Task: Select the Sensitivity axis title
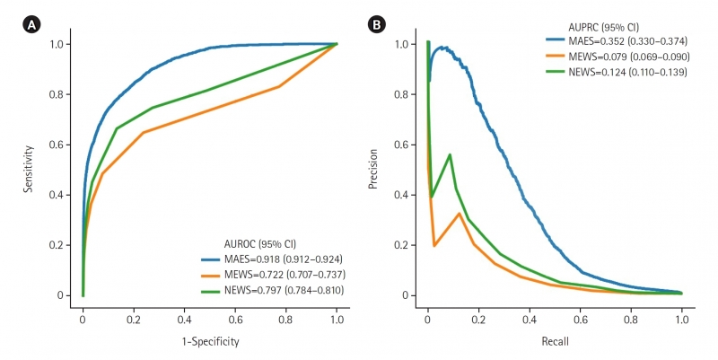point(31,170)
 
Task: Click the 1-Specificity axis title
point(209,342)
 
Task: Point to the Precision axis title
point(375,170)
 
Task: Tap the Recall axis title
point(554,342)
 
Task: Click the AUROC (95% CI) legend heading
point(260,242)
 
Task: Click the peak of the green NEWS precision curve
point(450,154)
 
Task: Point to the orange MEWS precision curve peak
point(460,214)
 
